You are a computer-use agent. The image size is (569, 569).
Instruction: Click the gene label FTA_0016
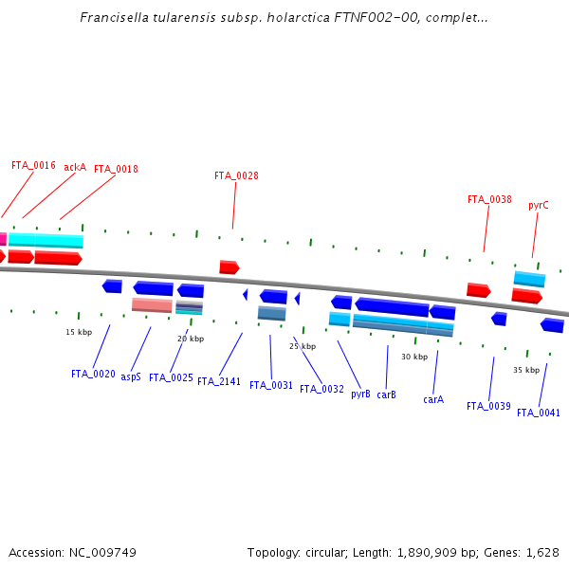(x=33, y=165)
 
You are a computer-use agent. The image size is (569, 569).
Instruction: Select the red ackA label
(x=75, y=167)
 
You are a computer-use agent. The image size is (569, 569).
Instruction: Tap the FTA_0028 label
(x=236, y=175)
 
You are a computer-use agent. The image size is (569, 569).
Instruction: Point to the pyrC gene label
(x=539, y=205)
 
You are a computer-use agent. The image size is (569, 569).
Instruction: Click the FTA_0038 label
(x=489, y=200)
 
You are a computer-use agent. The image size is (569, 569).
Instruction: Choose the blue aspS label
(x=131, y=376)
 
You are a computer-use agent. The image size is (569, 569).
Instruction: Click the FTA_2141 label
(x=219, y=381)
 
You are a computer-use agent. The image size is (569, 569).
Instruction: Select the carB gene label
(x=386, y=394)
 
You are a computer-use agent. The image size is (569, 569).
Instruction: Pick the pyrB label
(x=360, y=394)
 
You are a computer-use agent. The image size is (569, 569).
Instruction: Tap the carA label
(x=433, y=399)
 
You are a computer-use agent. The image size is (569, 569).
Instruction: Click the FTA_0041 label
(x=538, y=413)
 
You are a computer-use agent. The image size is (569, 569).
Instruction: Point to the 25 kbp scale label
(x=303, y=346)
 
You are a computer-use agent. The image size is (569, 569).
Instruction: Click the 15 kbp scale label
(x=79, y=332)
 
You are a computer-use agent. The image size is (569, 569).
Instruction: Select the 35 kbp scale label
(x=526, y=370)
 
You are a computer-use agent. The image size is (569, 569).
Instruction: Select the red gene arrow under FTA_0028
(x=229, y=267)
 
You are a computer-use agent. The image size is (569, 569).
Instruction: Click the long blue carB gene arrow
(x=392, y=307)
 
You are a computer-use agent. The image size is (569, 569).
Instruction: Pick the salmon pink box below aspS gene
(x=152, y=305)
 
